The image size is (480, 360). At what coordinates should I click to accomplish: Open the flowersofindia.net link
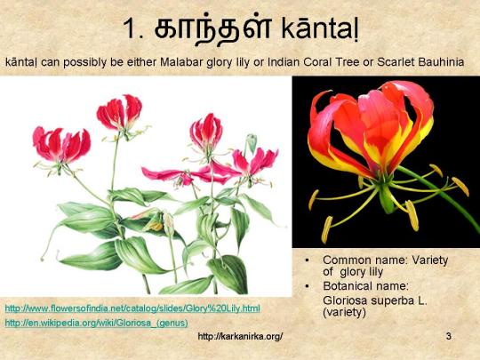click(x=132, y=308)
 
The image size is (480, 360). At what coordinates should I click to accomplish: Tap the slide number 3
click(x=449, y=337)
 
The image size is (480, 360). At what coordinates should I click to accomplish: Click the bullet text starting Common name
click(x=386, y=265)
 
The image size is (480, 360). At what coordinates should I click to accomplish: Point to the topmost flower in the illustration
click(x=120, y=112)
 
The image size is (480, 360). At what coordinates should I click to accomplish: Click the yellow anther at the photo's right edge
click(x=460, y=186)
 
